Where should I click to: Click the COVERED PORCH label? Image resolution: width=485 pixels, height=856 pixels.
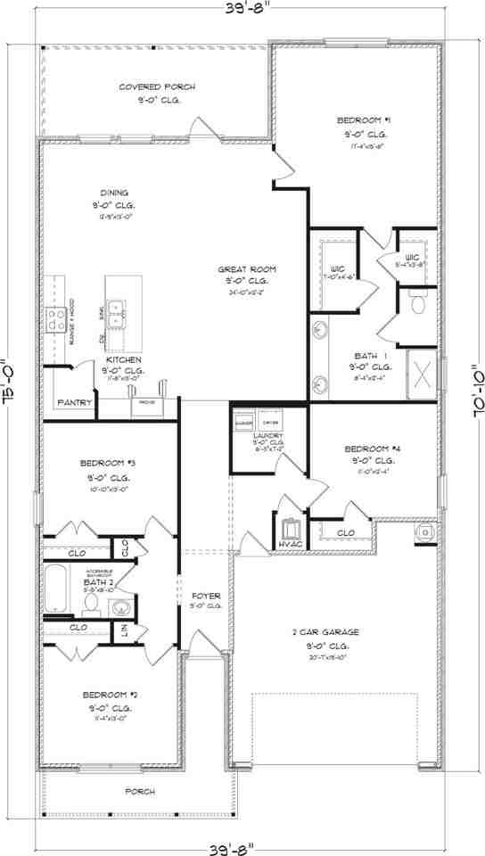point(157,86)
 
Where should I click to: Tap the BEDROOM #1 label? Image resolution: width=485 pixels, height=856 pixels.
point(364,119)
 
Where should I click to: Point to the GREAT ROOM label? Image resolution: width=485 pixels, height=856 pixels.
point(247,268)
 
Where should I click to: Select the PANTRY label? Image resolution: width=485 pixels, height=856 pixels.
point(75,403)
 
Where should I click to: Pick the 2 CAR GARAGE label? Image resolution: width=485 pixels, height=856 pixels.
point(325,632)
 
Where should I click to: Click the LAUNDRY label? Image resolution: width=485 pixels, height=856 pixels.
point(268,436)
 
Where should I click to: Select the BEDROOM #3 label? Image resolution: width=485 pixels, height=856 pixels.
point(107,463)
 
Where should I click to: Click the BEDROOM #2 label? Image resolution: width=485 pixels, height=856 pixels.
point(108,694)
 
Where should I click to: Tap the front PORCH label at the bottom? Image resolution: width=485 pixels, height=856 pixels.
point(140,791)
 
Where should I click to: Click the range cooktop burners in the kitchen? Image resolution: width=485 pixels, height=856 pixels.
point(57,318)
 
